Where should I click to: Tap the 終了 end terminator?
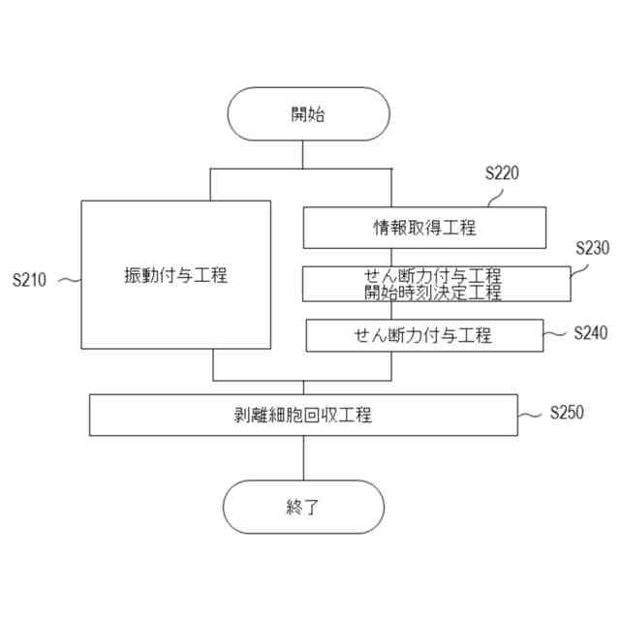(x=303, y=507)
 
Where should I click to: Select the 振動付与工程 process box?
(x=175, y=274)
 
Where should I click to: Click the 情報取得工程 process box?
(x=424, y=228)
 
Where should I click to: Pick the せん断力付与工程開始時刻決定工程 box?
(x=436, y=284)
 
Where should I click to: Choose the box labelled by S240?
(x=422, y=335)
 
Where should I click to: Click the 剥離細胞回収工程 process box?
(x=303, y=415)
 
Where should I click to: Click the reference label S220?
(x=502, y=174)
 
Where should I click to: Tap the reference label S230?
(x=591, y=248)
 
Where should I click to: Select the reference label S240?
(x=590, y=333)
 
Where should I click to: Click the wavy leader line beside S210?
(x=70, y=281)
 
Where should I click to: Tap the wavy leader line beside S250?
(x=531, y=415)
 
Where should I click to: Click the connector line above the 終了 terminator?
(x=303, y=457)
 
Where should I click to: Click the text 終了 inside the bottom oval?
(x=303, y=507)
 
